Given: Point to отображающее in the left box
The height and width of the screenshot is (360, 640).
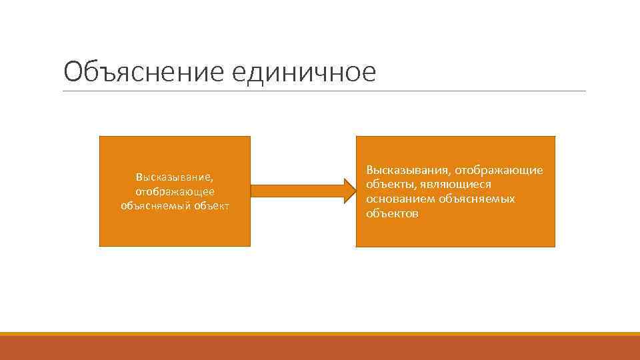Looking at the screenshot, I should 175,191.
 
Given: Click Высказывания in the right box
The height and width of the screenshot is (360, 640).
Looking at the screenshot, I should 407,171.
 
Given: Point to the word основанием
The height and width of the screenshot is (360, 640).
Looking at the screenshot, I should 397,199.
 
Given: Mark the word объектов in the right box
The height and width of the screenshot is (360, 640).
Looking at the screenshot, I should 392,213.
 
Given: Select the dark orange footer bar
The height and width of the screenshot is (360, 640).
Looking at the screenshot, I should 320,348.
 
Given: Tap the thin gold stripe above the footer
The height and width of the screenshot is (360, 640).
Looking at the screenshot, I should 320,334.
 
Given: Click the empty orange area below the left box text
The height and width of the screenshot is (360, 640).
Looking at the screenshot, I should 175,230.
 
